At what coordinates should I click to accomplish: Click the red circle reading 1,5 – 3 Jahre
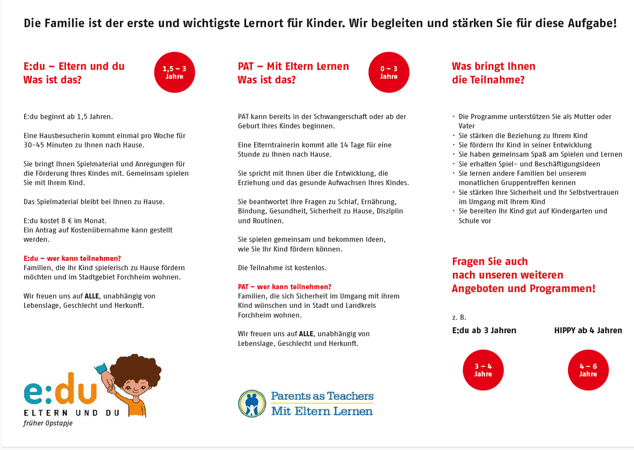[x=174, y=72]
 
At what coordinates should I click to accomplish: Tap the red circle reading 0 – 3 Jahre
[x=388, y=72]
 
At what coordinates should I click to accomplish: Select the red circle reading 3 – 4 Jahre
[x=483, y=370]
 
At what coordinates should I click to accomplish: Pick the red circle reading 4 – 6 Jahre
[x=588, y=370]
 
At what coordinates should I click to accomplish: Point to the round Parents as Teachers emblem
[x=251, y=403]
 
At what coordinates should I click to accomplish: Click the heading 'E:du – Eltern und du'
[x=74, y=67]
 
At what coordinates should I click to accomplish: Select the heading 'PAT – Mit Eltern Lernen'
[x=293, y=67]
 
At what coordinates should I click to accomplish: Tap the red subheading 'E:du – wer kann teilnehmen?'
[x=72, y=259]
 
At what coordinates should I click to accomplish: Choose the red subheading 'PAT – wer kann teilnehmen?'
[x=284, y=286]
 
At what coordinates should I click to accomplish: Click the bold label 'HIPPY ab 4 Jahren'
[x=588, y=331]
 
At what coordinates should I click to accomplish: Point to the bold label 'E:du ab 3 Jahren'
[x=484, y=331]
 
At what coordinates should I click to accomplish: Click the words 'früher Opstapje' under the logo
[x=48, y=423]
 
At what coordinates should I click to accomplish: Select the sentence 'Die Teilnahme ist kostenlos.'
[x=282, y=268]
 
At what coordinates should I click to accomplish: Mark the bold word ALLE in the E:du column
[x=92, y=296]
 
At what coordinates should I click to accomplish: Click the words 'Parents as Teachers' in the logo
[x=322, y=396]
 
